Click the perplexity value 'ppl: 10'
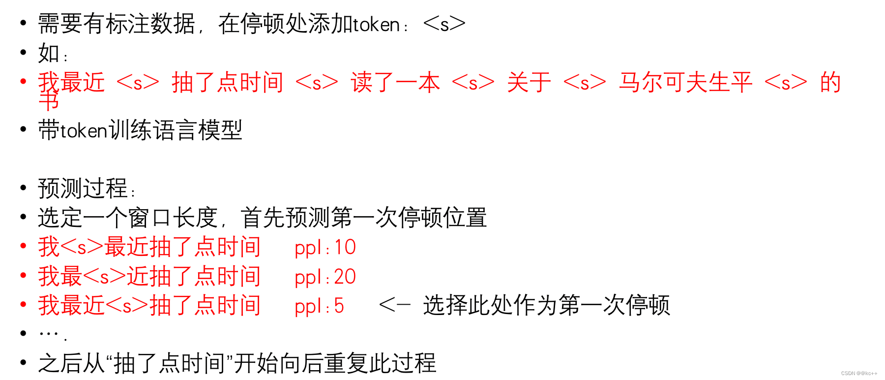[325, 248]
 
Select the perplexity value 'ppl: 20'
[325, 277]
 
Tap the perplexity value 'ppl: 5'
[319, 306]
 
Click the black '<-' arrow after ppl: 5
[394, 306]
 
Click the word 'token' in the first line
[376, 25]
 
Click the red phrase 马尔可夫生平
[685, 82]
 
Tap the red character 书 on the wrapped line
[49, 102]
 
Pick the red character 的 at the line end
[830, 82]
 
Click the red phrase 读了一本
[395, 82]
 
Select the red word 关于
[529, 82]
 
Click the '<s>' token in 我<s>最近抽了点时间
[82, 247]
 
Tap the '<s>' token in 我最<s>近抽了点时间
[104, 277]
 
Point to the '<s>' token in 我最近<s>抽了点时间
[127, 306]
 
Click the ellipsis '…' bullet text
[52, 334]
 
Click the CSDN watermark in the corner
[859, 374]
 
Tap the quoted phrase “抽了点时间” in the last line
[169, 364]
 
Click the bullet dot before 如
[23, 52]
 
